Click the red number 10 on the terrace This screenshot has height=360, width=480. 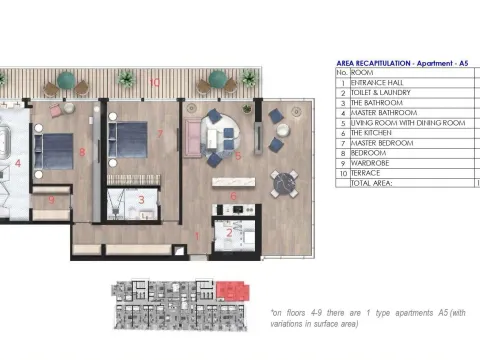(x=154, y=81)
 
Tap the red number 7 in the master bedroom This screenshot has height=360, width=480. (x=160, y=133)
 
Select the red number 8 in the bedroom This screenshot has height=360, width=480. (x=82, y=152)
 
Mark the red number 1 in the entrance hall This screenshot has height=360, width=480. (x=198, y=236)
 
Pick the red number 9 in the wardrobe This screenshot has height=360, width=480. (x=50, y=199)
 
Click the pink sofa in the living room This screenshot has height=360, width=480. (x=192, y=135)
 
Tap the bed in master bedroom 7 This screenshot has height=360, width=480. (x=128, y=139)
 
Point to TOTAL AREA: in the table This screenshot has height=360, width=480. (x=371, y=183)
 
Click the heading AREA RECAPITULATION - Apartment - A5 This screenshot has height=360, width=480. (x=403, y=62)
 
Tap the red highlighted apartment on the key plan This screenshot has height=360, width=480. (x=232, y=291)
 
